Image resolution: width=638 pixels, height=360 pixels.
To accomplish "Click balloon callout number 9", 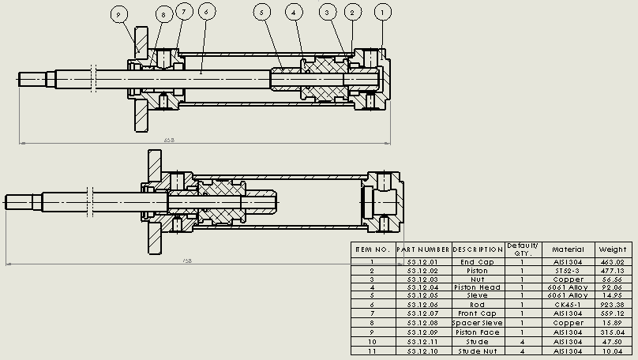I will [119, 15].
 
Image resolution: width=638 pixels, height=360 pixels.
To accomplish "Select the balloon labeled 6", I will [205, 12].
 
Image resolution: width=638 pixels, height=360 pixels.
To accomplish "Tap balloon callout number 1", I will [383, 12].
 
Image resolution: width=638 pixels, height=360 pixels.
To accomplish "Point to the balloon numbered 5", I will [263, 12].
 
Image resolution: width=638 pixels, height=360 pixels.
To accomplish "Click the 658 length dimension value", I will [169, 140].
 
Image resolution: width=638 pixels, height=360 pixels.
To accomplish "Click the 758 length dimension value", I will [187, 260].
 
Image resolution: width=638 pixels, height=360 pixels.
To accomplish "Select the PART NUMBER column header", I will [423, 249].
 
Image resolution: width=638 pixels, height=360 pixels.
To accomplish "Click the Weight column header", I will [612, 249].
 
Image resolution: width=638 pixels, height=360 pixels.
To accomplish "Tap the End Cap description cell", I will [477, 262].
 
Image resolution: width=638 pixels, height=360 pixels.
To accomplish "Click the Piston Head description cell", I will [477, 287].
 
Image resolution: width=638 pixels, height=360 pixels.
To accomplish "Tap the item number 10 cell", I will [373, 342].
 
